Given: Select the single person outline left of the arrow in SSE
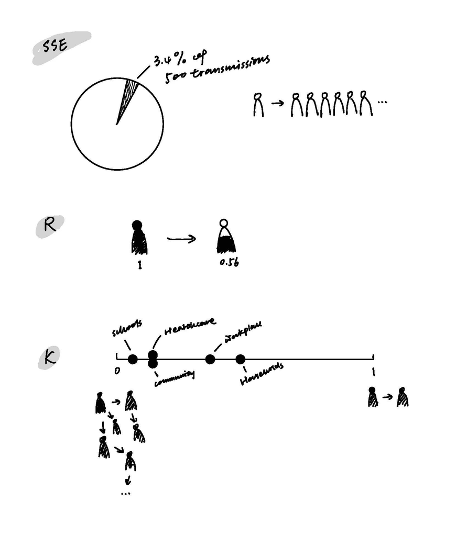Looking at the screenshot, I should pyautogui.click(x=258, y=105).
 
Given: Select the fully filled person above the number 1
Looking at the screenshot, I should pyautogui.click(x=138, y=238).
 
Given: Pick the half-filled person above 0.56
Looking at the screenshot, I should pyautogui.click(x=225, y=239).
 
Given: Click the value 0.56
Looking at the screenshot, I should pyautogui.click(x=230, y=263).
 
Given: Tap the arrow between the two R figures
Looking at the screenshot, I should pyautogui.click(x=181, y=239).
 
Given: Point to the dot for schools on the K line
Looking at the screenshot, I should pyautogui.click(x=133, y=359).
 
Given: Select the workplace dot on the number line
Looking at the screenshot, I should pyautogui.click(x=210, y=359).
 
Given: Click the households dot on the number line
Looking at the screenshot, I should pyautogui.click(x=240, y=359).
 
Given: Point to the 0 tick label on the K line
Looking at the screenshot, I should pyautogui.click(x=117, y=371).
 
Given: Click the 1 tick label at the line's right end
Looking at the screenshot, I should pyautogui.click(x=373, y=372).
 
